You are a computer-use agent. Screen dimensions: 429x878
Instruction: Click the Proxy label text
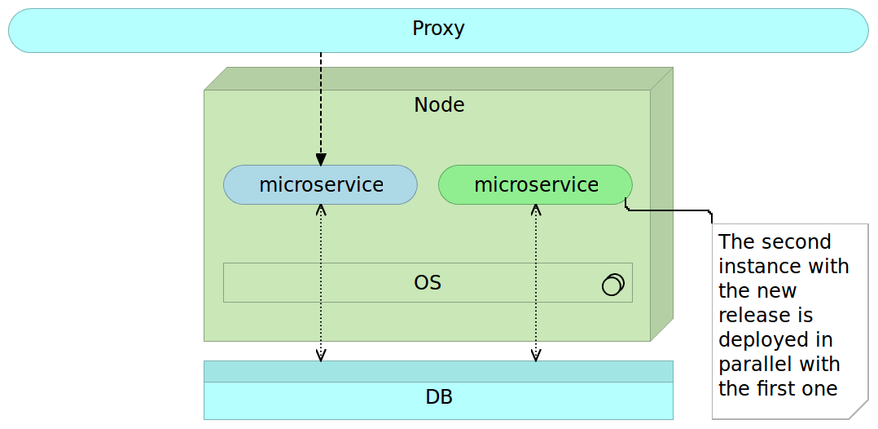click(438, 29)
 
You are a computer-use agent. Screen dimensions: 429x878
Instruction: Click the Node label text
click(439, 104)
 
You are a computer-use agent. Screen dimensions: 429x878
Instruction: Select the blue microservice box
click(321, 184)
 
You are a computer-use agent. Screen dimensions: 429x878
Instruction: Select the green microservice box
click(536, 184)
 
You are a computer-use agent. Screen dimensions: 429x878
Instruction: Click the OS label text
click(428, 283)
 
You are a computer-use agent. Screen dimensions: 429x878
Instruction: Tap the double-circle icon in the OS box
click(612, 284)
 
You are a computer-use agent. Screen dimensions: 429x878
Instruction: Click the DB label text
click(439, 398)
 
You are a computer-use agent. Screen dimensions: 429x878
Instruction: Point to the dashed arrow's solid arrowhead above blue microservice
click(321, 159)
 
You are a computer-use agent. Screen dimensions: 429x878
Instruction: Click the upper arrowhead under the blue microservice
click(321, 210)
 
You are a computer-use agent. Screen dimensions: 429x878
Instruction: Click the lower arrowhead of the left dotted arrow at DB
click(321, 355)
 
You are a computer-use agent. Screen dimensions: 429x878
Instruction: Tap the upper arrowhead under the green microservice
click(536, 210)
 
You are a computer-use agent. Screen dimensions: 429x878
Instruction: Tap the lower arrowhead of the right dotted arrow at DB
click(536, 355)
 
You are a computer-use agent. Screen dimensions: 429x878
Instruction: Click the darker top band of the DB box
click(438, 371)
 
